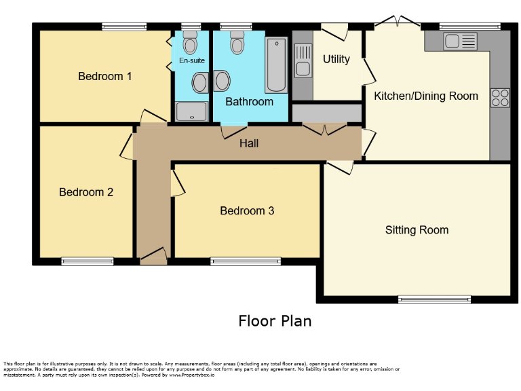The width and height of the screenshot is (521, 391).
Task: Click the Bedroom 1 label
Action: [105, 76]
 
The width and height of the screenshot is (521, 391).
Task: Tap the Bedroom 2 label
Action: [86, 192]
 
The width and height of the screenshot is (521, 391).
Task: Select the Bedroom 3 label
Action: [247, 210]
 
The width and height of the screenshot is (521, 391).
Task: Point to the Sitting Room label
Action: [417, 230]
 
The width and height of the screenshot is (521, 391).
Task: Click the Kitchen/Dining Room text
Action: [426, 96]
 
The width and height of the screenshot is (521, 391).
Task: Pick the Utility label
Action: [336, 59]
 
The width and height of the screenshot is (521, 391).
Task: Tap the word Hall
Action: [249, 143]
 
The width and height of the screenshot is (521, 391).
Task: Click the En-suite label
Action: [191, 60]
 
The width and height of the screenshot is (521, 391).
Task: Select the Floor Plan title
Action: [275, 320]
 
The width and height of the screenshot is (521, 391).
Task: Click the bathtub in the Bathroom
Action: [276, 65]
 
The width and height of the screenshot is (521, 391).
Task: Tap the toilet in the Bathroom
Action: [237, 44]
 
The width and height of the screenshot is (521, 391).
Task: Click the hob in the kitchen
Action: [500, 98]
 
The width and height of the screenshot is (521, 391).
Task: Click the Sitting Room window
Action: [434, 299]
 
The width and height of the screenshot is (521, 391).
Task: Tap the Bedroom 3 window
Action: [246, 261]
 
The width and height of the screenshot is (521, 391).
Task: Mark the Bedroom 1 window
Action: [124, 27]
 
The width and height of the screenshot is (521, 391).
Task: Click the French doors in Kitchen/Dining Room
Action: [398, 22]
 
